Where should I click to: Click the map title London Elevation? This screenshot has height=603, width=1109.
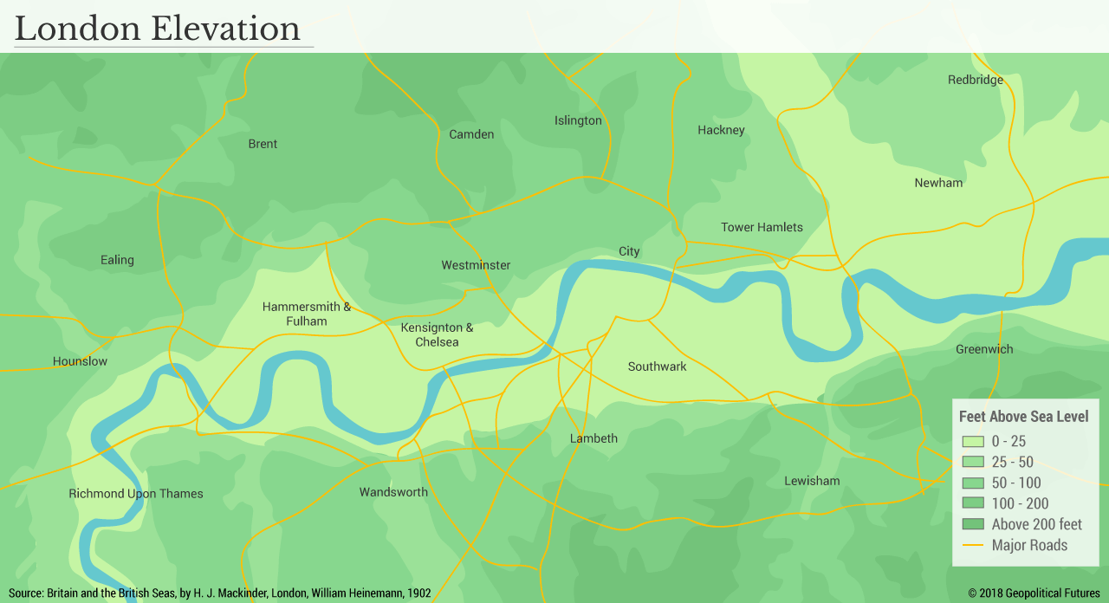pos(158,29)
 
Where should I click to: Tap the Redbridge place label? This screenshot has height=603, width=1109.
pos(975,80)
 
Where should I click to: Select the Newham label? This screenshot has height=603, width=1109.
pos(938,183)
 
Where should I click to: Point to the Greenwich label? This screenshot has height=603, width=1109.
pos(984,349)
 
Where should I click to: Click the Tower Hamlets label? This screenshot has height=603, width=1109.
pos(762,227)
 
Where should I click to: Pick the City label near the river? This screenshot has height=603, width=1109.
pos(629,251)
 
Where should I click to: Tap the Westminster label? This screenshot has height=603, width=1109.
pos(476,265)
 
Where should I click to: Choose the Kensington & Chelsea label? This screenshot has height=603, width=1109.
pos(437,334)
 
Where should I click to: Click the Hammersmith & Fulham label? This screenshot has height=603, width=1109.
pos(307,314)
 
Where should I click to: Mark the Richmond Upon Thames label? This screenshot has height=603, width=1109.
pos(136,494)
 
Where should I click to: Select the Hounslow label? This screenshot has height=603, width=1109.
pos(80,361)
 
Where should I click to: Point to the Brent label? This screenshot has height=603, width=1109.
pos(263,144)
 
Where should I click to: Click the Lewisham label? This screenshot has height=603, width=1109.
pos(812,481)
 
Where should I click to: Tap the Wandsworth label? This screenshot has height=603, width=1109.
pos(393,492)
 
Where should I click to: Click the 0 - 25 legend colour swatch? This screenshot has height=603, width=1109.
pos(973,441)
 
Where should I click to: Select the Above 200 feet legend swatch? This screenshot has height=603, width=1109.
pos(973,524)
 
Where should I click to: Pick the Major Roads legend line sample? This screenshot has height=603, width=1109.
pos(973,545)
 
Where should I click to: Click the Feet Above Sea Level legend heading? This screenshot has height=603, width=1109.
pos(1023,417)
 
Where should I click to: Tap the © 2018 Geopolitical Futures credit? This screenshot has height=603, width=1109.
pos(1034,593)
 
